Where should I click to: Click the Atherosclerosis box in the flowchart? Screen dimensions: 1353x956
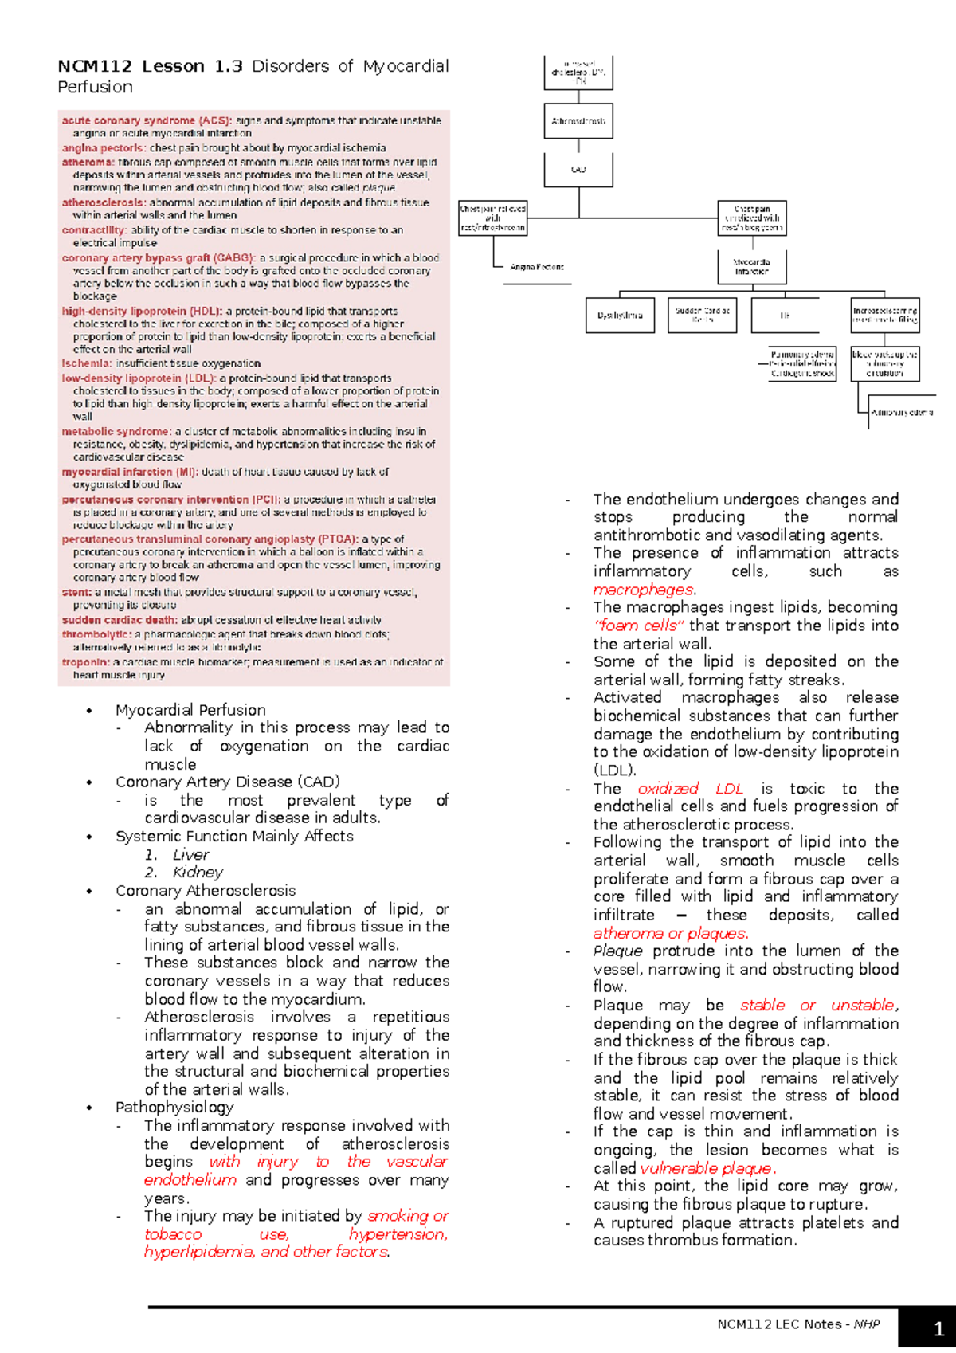(x=578, y=121)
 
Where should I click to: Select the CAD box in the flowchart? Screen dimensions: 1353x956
(x=578, y=170)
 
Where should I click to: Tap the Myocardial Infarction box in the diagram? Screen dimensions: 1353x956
(x=751, y=266)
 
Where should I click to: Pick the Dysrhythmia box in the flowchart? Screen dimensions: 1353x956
(x=620, y=315)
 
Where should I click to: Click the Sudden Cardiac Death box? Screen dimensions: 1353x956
(x=702, y=315)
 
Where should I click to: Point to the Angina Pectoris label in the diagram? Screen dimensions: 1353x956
(x=537, y=267)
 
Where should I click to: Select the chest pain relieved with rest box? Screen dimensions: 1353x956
(x=493, y=218)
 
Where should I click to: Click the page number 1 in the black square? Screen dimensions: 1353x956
(x=938, y=1328)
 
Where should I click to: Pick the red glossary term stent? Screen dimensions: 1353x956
(x=76, y=593)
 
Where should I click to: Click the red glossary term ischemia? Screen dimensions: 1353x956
(x=86, y=363)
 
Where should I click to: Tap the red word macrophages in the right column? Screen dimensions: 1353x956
(x=643, y=590)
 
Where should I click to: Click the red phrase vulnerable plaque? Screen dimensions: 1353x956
(x=706, y=1168)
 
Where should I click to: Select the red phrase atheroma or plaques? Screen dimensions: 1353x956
(x=670, y=933)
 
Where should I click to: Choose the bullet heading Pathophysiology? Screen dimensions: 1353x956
(x=174, y=1108)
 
